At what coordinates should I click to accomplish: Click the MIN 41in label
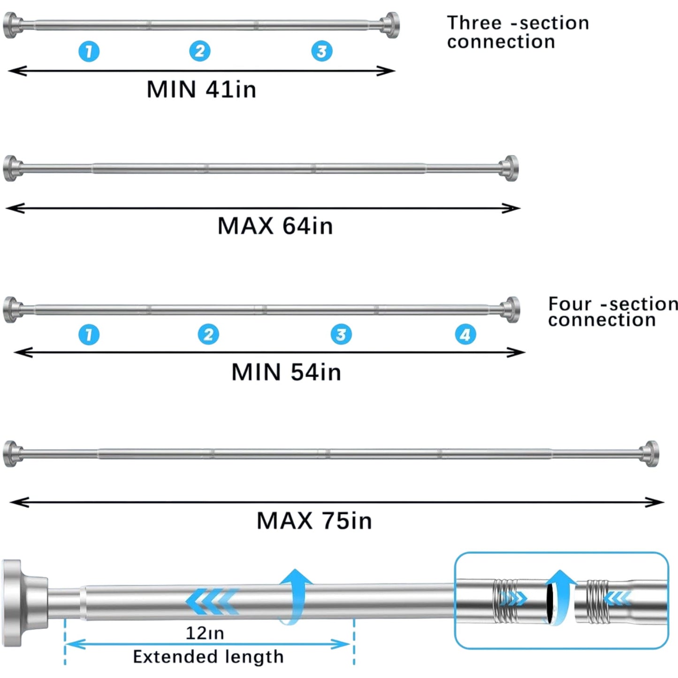pyautogui.click(x=201, y=89)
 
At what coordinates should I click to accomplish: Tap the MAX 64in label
pyautogui.click(x=275, y=226)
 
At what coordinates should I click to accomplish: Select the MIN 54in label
pyautogui.click(x=286, y=372)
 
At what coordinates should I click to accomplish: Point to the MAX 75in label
pyautogui.click(x=314, y=521)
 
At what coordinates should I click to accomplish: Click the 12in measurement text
pyautogui.click(x=205, y=633)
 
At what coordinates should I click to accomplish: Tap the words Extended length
pyautogui.click(x=208, y=657)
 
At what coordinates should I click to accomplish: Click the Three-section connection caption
pyautogui.click(x=517, y=32)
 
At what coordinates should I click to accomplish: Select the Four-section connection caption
pyautogui.click(x=612, y=312)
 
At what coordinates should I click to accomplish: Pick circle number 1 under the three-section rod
pyautogui.click(x=89, y=51)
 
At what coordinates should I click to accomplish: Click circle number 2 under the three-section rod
pyautogui.click(x=200, y=51)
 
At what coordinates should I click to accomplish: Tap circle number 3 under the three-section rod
pyautogui.click(x=322, y=51)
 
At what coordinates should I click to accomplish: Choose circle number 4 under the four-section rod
pyautogui.click(x=465, y=335)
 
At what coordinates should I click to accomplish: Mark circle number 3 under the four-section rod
pyautogui.click(x=341, y=335)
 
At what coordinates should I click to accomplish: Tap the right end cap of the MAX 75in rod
pyautogui.click(x=651, y=454)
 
